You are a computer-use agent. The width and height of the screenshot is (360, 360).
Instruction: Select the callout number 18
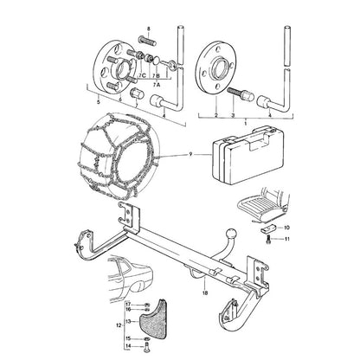tap(205, 292)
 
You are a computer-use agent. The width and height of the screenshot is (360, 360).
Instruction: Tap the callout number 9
tap(190, 154)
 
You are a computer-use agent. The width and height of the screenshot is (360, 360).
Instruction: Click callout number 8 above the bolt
tap(149, 29)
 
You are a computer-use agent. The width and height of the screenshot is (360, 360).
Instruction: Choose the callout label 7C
tap(141, 75)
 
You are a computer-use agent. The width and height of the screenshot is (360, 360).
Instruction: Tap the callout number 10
tap(286, 228)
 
